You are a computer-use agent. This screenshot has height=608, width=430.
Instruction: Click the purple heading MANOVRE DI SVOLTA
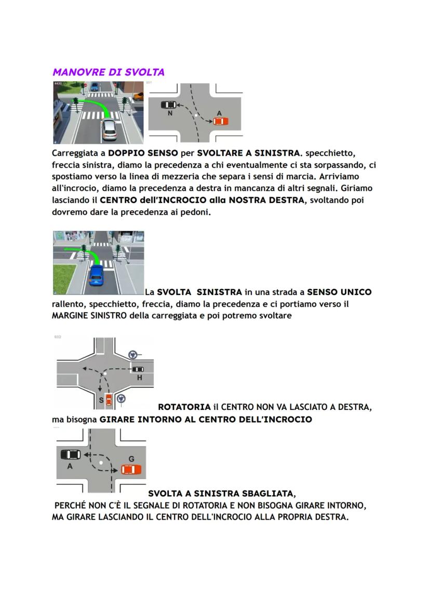point(108,72)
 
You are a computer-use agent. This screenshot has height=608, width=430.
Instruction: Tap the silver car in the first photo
point(109,130)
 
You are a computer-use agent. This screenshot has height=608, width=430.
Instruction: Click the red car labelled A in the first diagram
point(220,121)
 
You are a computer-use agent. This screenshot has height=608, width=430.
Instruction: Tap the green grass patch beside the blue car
point(64,279)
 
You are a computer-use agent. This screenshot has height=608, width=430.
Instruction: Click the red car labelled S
point(109,400)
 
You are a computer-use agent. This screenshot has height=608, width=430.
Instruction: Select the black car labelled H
point(138,369)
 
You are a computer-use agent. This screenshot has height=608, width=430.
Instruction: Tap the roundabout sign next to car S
point(121,399)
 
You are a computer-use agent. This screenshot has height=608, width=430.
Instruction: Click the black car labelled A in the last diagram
point(71,455)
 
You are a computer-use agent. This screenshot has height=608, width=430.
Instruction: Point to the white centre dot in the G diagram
point(102,461)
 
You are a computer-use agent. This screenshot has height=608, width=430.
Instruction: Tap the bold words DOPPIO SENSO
point(140,153)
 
